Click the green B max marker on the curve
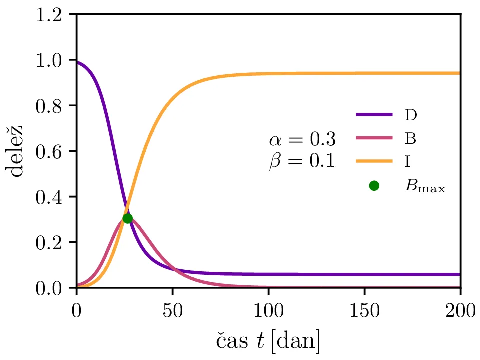tap(127, 218)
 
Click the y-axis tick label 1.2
tap(48, 15)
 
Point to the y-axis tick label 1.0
tap(48, 60)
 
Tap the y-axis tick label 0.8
tap(48, 106)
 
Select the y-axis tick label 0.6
tap(48, 151)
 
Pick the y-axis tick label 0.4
tap(48, 197)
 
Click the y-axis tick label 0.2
tap(48, 242)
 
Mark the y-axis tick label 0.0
tap(48, 288)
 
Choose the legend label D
tap(411, 115)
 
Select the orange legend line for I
tap(374, 161)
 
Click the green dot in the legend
tap(374, 186)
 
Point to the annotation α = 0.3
tap(302, 140)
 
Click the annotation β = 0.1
tap(302, 162)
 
